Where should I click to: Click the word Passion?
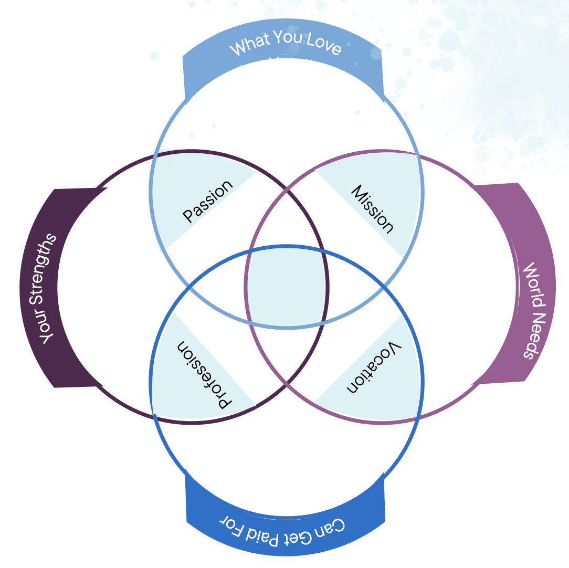tap(207, 201)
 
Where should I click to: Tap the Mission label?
tap(372, 208)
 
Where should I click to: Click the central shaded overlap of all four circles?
tap(286, 287)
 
